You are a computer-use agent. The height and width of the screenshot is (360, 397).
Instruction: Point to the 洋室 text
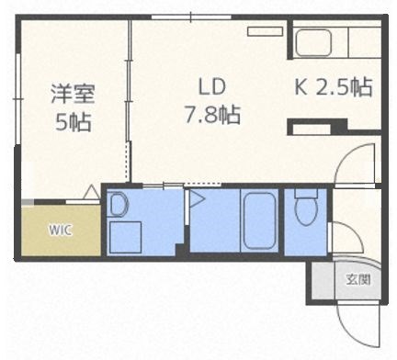[x=73, y=94]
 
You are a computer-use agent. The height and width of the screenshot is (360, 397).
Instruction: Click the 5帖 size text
[x=73, y=121]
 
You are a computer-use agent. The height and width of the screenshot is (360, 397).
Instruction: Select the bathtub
[x=259, y=220]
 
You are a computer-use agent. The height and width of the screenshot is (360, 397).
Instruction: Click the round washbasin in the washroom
[x=119, y=205]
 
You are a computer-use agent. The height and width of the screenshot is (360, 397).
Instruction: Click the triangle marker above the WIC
[x=90, y=193]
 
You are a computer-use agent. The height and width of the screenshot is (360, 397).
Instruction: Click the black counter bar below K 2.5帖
[x=317, y=126]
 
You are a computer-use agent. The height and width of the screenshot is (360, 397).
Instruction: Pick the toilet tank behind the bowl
[x=306, y=195]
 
